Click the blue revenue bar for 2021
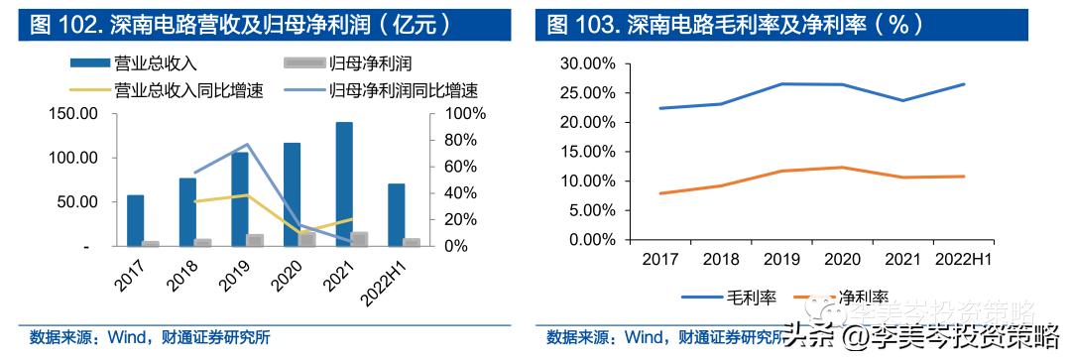coord(343,184)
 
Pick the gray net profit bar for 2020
coord(307,239)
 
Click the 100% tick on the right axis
coord(463,114)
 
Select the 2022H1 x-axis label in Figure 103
coord(964,260)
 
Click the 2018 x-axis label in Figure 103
coord(722,260)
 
